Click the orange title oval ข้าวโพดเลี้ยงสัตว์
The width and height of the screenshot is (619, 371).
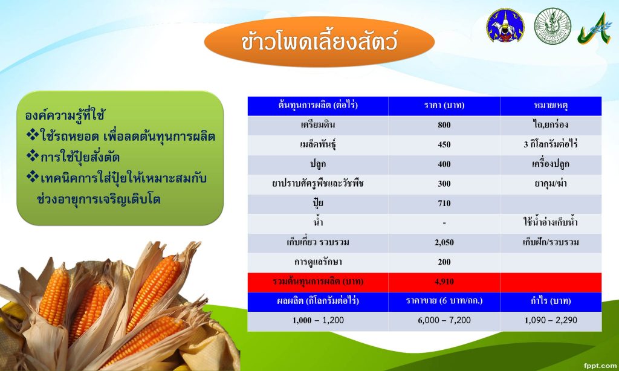click(x=319, y=42)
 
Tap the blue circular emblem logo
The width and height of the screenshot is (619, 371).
click(x=505, y=25)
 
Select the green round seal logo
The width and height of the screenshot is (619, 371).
click(x=553, y=25)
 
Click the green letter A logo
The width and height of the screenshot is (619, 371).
click(x=595, y=28)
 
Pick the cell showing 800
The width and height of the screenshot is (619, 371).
click(x=444, y=125)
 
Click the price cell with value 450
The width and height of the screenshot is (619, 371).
click(x=444, y=144)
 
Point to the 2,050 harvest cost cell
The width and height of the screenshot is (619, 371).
click(x=444, y=242)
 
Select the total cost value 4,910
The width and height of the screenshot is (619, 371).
click(x=444, y=282)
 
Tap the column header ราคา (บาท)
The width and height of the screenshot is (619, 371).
click(x=444, y=105)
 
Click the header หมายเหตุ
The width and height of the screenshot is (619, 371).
click(x=551, y=105)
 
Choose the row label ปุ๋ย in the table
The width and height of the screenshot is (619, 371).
click(x=318, y=203)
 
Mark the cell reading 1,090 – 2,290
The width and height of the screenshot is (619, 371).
click(x=551, y=320)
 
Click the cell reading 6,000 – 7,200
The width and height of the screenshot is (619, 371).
click(x=444, y=320)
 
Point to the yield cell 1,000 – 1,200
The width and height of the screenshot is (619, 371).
click(x=318, y=320)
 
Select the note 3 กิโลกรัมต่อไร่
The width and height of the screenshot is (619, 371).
click(x=551, y=144)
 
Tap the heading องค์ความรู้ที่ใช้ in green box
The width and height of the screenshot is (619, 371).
click(x=65, y=115)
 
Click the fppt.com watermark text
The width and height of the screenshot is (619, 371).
click(x=600, y=366)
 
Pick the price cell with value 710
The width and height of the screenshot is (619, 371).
click(x=444, y=203)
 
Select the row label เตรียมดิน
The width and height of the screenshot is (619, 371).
click(x=318, y=124)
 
